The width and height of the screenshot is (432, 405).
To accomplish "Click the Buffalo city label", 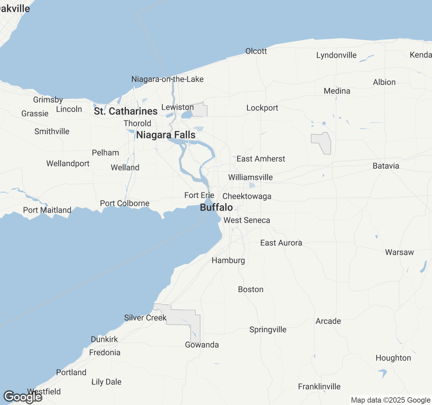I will point(216,207).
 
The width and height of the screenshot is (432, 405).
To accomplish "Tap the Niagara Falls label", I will point(166,135).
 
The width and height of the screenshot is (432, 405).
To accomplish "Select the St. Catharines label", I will point(126,111).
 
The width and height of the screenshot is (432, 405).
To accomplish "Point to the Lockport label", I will point(262,108).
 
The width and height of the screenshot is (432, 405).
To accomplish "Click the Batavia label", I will point(386,166).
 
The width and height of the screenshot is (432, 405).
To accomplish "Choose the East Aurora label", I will point(281,243).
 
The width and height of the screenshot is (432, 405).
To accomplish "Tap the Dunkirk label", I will point(104,340).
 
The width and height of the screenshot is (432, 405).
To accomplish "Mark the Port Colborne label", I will point(125,204).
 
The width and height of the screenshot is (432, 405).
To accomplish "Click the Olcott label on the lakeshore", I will point(256,51).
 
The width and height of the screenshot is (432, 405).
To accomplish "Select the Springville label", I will point(268,330).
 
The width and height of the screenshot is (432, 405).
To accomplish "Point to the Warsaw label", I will point(399,252).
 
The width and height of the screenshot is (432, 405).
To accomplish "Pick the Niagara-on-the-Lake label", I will point(167,79).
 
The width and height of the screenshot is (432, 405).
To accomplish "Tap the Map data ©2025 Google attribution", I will point(390,400).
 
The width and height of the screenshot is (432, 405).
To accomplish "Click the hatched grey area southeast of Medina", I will point(322,143).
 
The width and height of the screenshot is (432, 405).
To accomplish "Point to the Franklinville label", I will point(319,387).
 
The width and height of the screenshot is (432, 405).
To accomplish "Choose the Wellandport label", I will point(68,164).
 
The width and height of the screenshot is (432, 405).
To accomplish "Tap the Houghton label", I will point(393,358).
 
